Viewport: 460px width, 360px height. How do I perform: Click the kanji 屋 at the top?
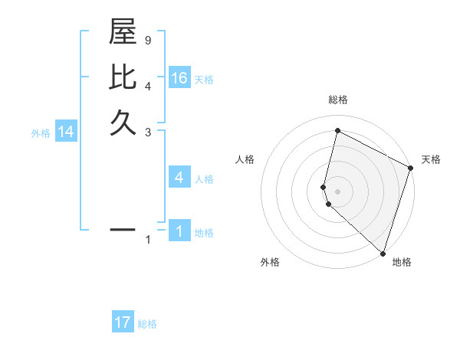pyautogui.click(x=123, y=34)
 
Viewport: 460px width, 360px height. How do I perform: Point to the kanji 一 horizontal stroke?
pyautogui.click(x=123, y=228)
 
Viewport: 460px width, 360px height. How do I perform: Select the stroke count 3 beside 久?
pyautogui.click(x=148, y=131)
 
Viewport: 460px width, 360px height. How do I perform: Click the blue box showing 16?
pyautogui.click(x=179, y=77)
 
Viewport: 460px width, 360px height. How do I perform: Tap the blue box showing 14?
pyautogui.click(x=66, y=132)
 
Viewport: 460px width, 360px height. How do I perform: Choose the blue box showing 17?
pyautogui.click(x=123, y=322)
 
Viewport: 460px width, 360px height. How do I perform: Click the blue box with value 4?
pyautogui.click(x=179, y=178)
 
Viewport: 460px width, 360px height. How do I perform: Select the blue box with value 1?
pyautogui.click(x=179, y=231)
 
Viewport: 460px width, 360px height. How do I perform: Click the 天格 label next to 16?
pyautogui.click(x=203, y=79)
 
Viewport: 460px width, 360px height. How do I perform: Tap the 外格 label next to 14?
pyautogui.click(x=41, y=133)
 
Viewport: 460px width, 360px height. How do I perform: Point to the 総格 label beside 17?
pyautogui.click(x=147, y=324)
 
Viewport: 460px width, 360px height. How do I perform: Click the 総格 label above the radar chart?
pyautogui.click(x=338, y=100)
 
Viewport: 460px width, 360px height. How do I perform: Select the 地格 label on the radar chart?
pyautogui.click(x=402, y=262)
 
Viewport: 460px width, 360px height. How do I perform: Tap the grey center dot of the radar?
pyautogui.click(x=338, y=190)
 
